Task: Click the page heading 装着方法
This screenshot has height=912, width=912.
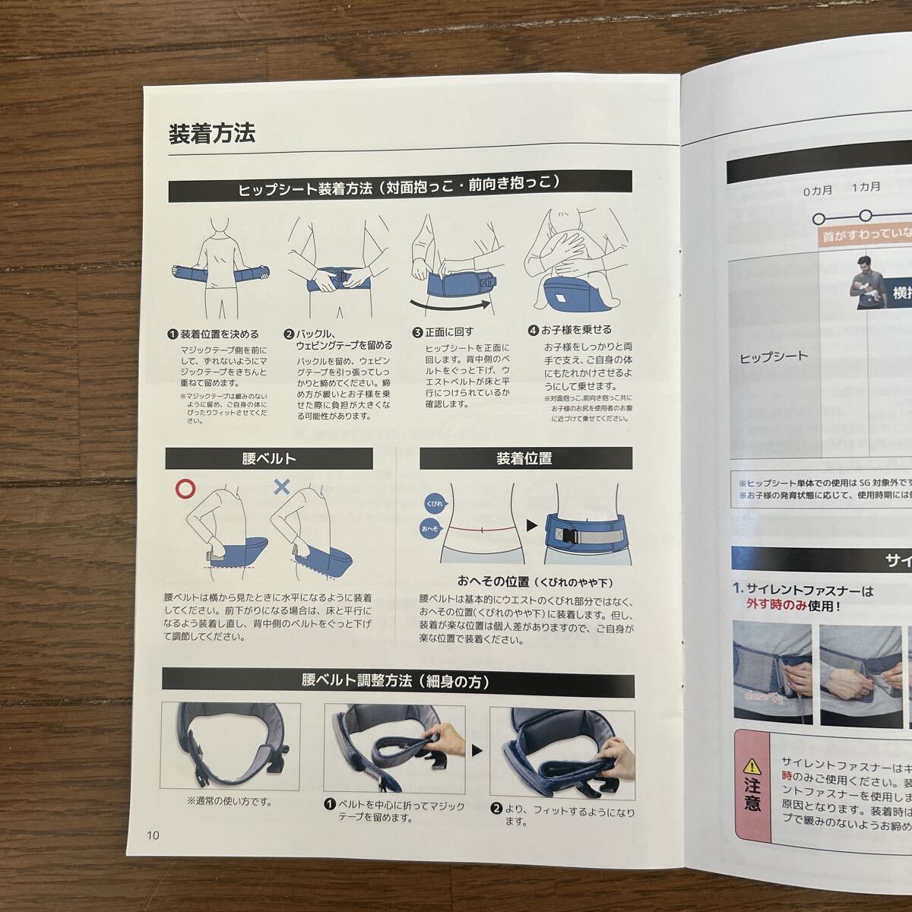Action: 211,133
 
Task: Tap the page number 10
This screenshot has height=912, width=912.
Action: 154,834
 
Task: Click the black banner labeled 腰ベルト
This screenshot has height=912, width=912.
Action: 269,458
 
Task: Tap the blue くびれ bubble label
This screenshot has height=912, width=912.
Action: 435,503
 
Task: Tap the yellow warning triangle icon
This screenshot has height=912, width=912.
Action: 752,765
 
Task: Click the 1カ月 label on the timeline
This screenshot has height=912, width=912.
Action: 866,187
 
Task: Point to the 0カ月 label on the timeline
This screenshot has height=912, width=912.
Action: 818,190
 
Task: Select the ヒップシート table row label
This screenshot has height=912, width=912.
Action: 774,356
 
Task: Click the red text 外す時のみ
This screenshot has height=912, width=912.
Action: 776,606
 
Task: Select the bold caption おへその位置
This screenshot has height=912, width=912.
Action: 493,581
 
